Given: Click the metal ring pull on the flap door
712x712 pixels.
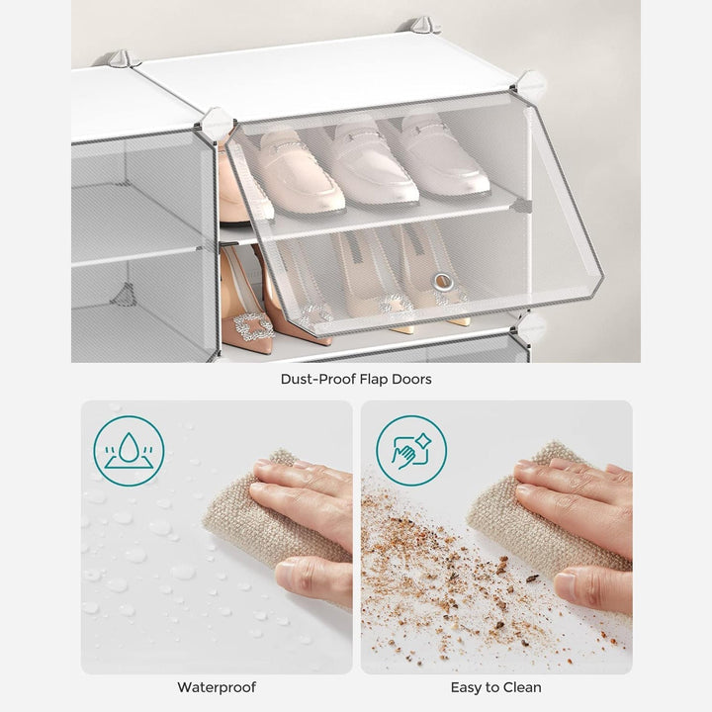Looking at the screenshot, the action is click(443, 282).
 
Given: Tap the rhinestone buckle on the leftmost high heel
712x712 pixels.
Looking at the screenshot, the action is click(250, 325).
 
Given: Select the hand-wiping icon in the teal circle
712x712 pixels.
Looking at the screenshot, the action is click(411, 451).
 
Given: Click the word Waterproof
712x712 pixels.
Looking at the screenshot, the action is click(217, 687).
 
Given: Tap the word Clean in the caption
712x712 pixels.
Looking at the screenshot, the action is click(522, 687).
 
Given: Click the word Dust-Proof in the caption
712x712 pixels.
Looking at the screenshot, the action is click(317, 379).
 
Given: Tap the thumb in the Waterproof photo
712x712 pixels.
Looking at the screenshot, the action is click(313, 580).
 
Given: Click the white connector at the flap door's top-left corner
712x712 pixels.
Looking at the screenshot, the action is click(217, 123).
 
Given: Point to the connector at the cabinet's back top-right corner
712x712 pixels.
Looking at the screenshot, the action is click(423, 25).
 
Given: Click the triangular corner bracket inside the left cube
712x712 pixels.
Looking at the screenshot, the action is click(124, 295).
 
